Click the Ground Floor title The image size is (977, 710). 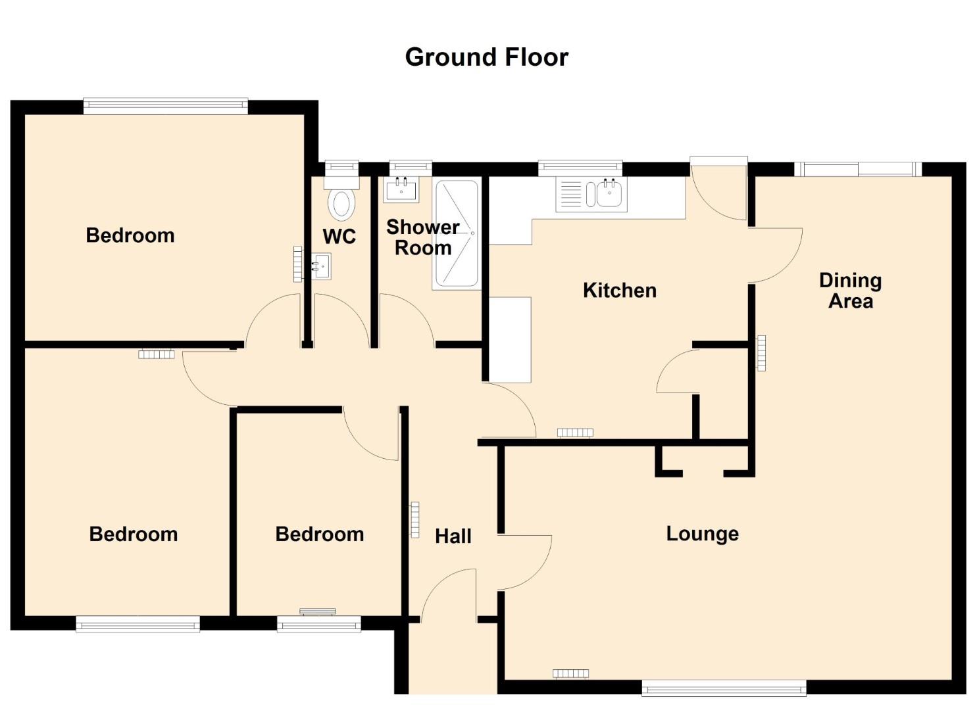(x=487, y=57)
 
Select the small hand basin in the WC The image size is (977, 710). (x=322, y=266)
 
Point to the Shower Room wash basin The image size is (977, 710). (x=401, y=189)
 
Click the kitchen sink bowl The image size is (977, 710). (x=609, y=194)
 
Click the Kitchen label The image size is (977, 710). (x=619, y=291)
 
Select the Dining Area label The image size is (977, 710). (x=850, y=291)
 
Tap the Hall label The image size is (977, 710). (x=453, y=536)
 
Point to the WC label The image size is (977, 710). (x=339, y=237)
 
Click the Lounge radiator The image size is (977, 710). (x=570, y=673)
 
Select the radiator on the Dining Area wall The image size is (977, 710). (x=761, y=353)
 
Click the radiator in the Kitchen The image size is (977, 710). (x=575, y=433)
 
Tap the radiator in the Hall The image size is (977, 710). (x=414, y=520)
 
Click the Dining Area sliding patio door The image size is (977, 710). (x=858, y=169)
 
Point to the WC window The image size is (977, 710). (x=341, y=168)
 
